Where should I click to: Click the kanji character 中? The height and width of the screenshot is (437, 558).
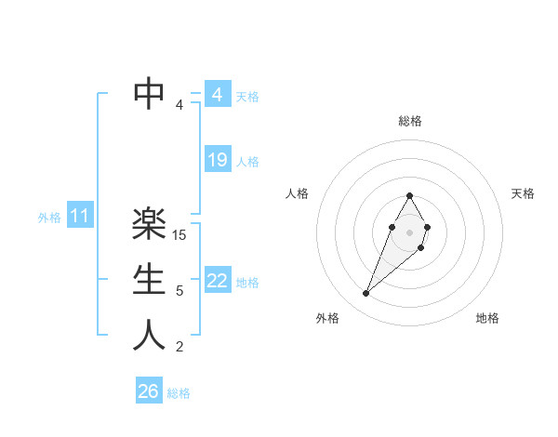point(150,93)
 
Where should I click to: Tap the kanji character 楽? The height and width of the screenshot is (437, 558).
point(150,224)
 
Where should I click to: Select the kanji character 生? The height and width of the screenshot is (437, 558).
point(150,280)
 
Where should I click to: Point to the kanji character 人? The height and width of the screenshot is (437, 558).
point(150,336)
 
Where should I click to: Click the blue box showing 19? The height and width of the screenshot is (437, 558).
point(217,160)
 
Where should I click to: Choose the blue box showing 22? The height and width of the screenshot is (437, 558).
point(217,281)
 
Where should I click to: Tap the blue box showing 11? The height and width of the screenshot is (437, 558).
point(80,217)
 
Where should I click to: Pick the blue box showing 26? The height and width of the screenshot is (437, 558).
point(148,391)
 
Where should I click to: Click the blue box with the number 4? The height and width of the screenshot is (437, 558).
point(217,95)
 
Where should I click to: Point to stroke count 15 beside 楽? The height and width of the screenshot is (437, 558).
point(180,235)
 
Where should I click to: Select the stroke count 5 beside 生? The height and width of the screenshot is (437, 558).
point(179,291)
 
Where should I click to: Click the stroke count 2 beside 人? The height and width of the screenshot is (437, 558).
point(179,347)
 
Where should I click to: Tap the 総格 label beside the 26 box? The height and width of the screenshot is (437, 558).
point(179,393)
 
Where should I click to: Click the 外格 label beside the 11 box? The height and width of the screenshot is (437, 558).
point(49,218)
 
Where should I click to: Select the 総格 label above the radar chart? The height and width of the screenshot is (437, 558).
point(410,121)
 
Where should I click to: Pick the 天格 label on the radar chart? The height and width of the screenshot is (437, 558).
point(523,193)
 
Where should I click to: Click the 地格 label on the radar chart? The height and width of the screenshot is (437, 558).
point(487,318)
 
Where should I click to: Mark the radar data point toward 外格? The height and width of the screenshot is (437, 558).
point(366,294)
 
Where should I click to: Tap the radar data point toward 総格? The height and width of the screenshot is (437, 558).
point(410,195)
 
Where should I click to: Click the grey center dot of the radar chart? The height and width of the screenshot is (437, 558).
point(410,231)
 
